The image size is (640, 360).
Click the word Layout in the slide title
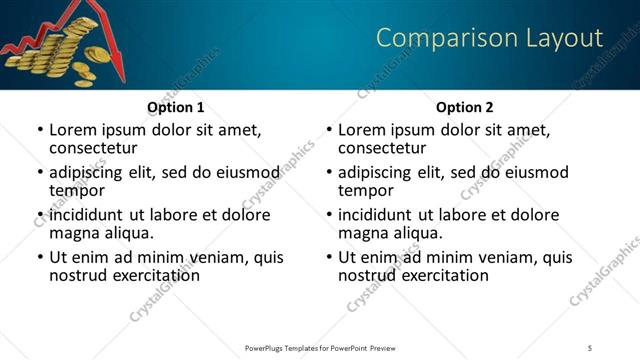564,38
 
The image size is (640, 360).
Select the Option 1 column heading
175,107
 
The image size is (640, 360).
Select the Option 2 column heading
464,107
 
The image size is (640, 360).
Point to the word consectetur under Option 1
96,148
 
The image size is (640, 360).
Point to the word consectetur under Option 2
385,148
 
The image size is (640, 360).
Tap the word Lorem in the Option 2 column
362,129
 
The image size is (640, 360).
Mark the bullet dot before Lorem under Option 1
40,130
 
